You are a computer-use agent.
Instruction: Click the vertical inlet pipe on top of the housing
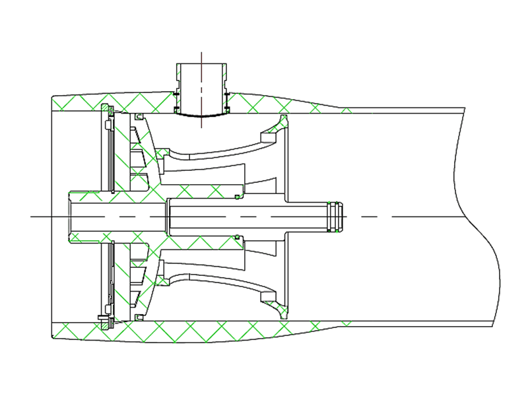201,86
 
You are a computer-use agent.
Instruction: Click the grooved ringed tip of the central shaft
336,216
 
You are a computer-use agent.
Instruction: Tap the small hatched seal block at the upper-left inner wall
106,108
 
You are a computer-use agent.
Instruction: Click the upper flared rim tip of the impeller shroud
284,122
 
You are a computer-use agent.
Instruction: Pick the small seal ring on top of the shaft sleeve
236,197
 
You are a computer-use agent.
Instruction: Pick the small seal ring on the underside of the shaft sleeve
236,236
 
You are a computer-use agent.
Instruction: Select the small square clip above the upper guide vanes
138,117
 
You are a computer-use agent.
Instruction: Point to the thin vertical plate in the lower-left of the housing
110,277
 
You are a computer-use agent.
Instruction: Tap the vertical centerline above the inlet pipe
201,57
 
